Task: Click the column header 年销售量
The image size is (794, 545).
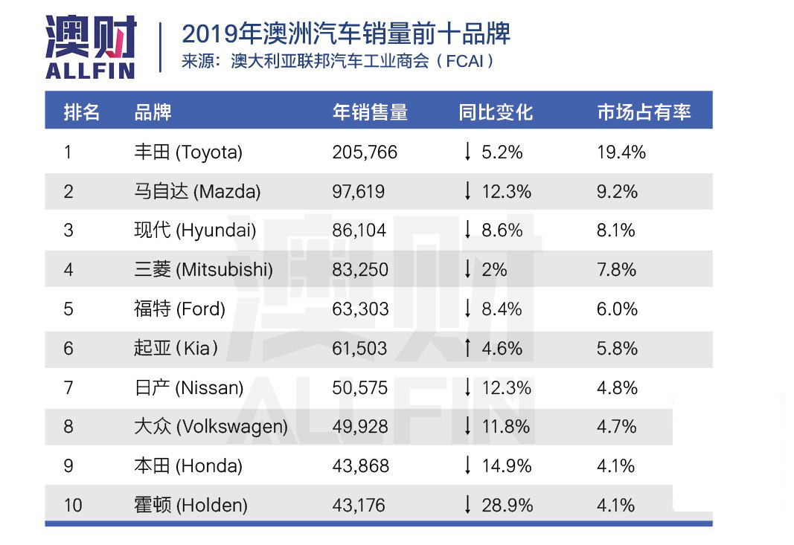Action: pos(370,112)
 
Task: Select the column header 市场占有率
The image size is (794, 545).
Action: pos(644,112)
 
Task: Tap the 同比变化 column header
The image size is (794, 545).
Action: pos(496,112)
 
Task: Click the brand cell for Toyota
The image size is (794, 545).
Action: pos(188,152)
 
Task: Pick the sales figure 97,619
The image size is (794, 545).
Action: pos(359,192)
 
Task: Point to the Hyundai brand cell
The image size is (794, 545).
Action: pos(195,230)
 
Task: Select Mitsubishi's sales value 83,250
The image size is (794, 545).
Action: pos(360,270)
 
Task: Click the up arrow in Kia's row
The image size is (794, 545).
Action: pos(467,348)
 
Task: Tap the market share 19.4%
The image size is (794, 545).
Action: pos(621,152)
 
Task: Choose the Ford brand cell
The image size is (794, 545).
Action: pos(179,309)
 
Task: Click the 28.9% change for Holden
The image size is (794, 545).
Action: pos(508,506)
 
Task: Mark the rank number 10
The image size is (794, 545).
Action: pos(73,506)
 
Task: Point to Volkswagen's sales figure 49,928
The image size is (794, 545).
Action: pos(360,427)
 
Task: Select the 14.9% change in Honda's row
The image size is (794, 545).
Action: pos(507,466)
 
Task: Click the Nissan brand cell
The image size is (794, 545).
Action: pos(188,387)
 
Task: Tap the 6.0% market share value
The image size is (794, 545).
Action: pos(617,309)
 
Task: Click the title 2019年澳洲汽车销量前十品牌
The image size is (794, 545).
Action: pos(346,34)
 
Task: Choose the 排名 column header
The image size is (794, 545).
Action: pos(82,112)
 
